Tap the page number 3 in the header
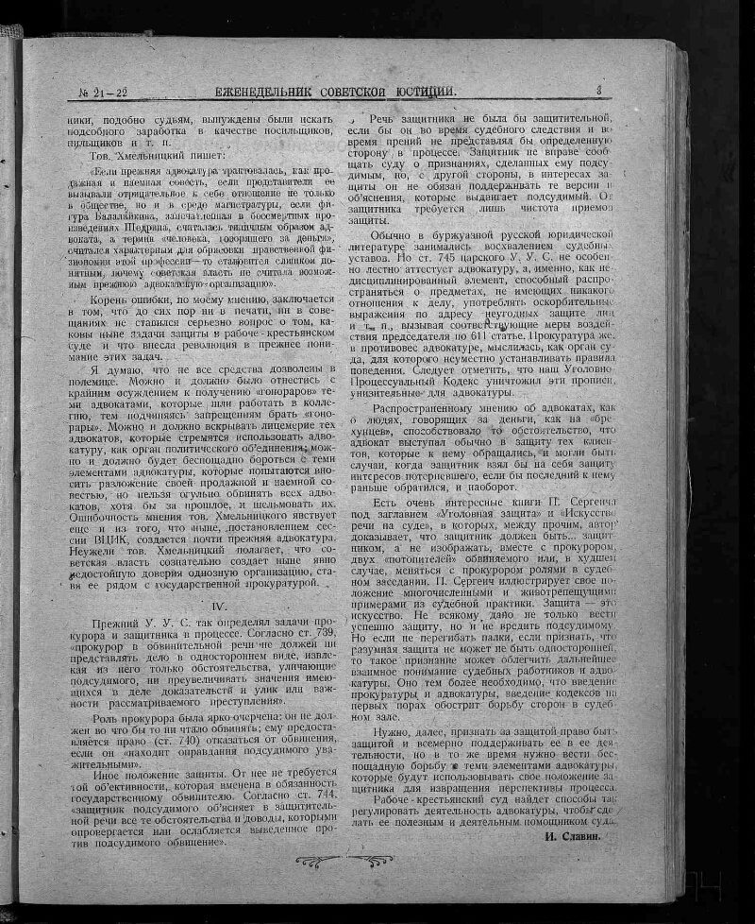point(598,90)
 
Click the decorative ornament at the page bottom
point(344,860)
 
